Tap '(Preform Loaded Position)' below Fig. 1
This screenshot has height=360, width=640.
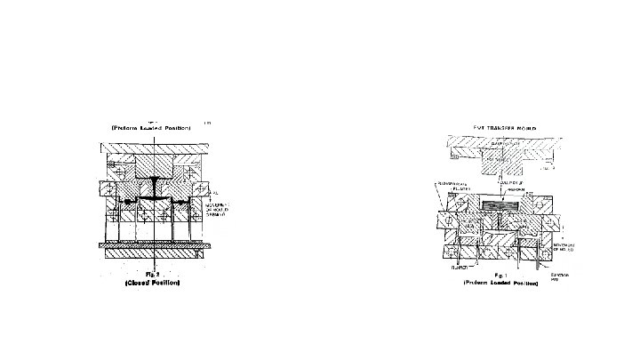click(x=500, y=284)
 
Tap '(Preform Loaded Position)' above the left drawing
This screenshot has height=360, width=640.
click(x=152, y=127)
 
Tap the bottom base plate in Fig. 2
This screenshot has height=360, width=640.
click(x=156, y=253)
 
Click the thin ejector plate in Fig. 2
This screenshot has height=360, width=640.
click(x=156, y=244)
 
